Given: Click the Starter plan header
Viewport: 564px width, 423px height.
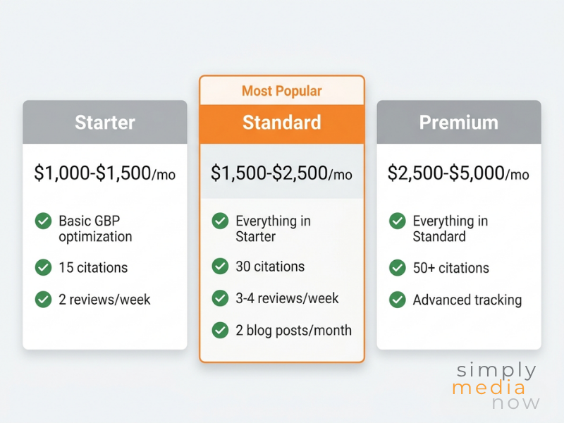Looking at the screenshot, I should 104,123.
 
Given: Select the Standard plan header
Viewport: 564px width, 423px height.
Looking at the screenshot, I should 281,123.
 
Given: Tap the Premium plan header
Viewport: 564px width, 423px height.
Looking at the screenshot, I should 458,123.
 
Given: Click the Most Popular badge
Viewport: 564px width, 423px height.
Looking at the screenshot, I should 281,91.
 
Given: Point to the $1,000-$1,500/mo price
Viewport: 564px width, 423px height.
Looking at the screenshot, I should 104,173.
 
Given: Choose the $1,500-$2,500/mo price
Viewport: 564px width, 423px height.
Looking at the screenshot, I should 281,173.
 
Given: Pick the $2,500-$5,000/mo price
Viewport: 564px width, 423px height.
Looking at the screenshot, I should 458,173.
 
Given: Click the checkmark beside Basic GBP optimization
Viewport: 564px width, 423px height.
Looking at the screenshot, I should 43,221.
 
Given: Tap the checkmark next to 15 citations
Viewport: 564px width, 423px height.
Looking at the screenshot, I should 43,267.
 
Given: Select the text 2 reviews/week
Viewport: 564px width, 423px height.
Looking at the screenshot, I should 104,300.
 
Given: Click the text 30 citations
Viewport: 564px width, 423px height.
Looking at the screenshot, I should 270,266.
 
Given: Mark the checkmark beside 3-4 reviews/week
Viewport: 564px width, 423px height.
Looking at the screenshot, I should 220,298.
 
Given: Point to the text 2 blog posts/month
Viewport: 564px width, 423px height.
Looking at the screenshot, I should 293,330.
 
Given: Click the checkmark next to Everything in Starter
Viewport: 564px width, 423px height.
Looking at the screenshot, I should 220,221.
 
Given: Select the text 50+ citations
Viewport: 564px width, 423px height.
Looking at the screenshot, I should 450,268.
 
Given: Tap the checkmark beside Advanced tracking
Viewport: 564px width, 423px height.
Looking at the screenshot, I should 397,300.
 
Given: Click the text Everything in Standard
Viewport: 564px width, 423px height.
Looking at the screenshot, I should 450,228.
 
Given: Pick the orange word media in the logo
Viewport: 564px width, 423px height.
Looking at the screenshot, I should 489,387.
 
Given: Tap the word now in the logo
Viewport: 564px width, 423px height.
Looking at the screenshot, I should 516,403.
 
